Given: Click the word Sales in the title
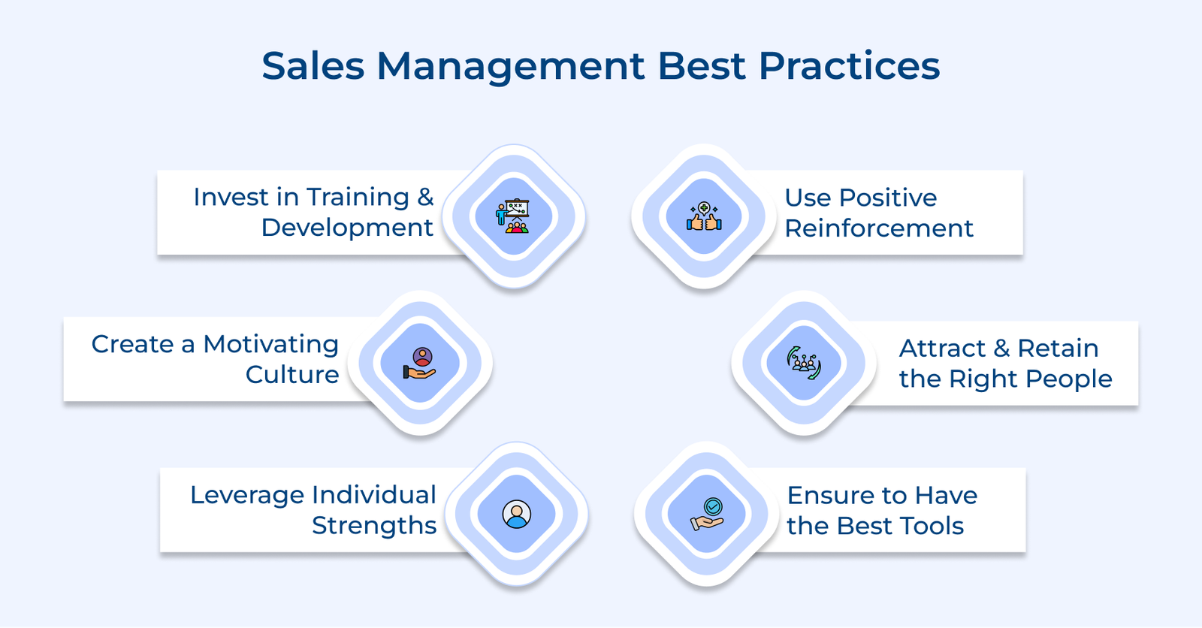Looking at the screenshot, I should [313, 66].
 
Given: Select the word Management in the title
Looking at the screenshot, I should [511, 68].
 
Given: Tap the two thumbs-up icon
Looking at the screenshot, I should [704, 217].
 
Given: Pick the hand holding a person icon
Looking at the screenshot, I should [420, 364].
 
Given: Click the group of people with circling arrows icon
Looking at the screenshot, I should [804, 364].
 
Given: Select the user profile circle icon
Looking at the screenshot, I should [516, 515].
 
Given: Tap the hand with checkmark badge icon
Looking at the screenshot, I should [707, 515].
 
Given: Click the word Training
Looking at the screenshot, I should [358, 197].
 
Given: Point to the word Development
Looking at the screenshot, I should [347, 228].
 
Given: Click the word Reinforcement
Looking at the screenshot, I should [879, 228].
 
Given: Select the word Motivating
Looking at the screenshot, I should [270, 344].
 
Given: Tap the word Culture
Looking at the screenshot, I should [292, 375].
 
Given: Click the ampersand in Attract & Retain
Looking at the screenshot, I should [1001, 349].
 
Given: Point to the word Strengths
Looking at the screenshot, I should [374, 526].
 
